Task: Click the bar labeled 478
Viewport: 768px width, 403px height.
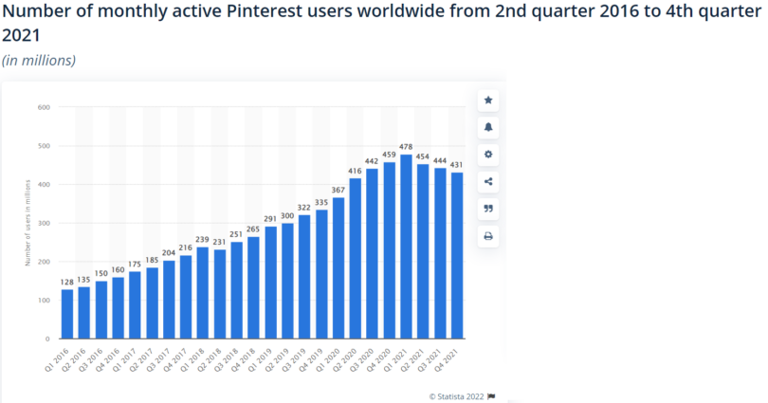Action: [407, 247]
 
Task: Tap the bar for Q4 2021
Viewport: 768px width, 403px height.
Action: [457, 256]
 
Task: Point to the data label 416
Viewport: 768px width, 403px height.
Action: [356, 171]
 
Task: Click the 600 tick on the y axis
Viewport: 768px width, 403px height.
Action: [44, 107]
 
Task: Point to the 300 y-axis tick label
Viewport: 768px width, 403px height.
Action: [44, 223]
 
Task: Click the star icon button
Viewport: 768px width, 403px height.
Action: [488, 100]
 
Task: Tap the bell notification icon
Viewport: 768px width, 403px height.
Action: [488, 127]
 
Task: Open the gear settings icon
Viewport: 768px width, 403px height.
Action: [488, 155]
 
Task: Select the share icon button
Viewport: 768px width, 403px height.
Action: [488, 182]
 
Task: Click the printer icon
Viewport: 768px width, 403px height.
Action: [488, 236]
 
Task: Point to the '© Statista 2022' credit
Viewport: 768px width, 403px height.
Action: [457, 395]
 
